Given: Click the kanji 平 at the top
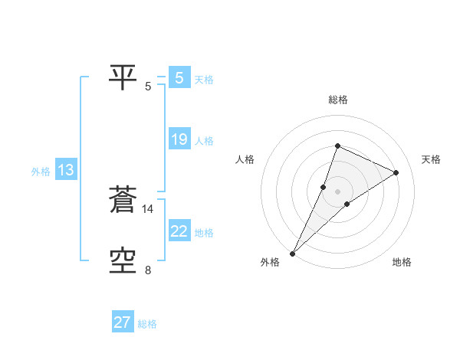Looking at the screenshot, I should (123, 76).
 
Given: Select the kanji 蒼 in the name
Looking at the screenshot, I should (123, 200).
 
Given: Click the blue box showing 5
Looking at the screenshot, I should (179, 77).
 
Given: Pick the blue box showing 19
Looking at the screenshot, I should (179, 139).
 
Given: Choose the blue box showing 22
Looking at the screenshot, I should (179, 231).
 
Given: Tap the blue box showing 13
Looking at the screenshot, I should (66, 170).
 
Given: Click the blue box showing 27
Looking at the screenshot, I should (123, 322).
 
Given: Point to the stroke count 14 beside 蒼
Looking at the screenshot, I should (148, 208).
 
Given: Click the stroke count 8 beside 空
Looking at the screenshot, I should (148, 270).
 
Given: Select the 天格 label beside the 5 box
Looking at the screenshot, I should (204, 79).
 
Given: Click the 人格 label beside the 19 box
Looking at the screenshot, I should (204, 141).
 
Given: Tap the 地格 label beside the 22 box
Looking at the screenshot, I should (204, 233).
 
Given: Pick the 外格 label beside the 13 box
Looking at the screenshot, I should (41, 172).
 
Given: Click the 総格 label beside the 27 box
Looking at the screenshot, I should (147, 324).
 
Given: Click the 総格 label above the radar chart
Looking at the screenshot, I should (337, 100).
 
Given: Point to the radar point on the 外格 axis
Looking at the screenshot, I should (292, 253).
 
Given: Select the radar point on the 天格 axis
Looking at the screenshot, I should (396, 172).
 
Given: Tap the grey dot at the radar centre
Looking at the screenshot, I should (337, 191).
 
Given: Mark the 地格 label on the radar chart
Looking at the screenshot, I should (402, 262).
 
